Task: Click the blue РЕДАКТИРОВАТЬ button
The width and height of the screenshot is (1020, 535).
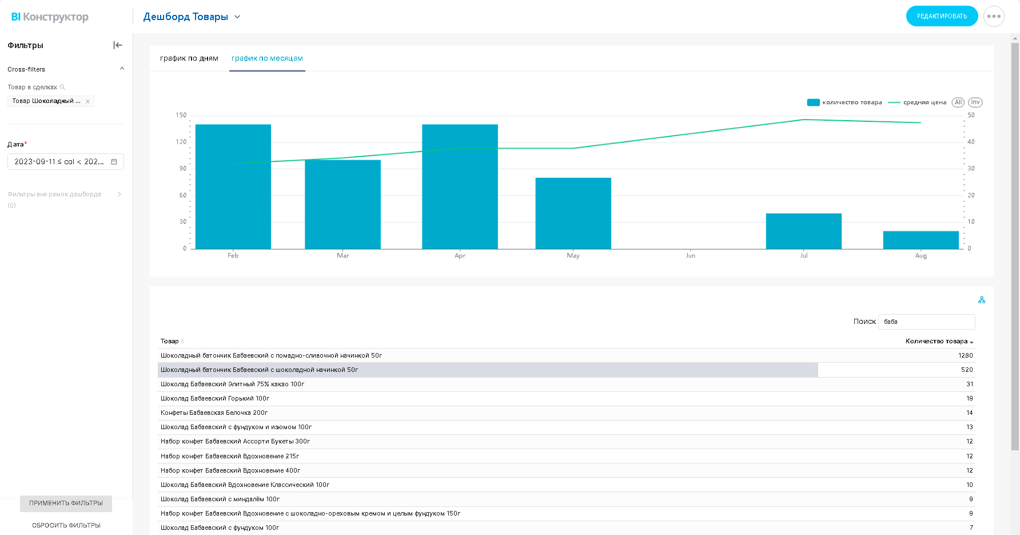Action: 942,16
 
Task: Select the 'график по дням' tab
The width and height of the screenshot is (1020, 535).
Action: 189,58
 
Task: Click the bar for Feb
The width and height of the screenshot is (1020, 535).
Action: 233,187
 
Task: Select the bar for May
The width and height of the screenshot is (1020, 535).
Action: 573,213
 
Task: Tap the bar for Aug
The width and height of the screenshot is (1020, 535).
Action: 921,240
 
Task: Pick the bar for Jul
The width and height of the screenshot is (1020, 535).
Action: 804,231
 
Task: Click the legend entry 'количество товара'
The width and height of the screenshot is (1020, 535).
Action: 844,102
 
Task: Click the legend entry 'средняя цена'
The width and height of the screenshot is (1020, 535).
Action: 917,102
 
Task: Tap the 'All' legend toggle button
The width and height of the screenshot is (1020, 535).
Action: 958,102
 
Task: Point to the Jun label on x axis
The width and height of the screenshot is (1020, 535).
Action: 691,256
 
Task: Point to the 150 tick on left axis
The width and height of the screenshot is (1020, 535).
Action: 181,115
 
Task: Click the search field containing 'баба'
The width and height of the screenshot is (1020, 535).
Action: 926,322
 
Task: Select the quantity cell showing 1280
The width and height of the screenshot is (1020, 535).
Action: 966,355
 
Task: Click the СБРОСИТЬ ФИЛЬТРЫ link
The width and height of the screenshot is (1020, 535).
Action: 66,525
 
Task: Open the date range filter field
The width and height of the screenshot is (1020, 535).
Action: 66,162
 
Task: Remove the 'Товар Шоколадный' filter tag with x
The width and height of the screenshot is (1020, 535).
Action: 87,101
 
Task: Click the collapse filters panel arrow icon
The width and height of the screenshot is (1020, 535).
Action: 118,45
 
